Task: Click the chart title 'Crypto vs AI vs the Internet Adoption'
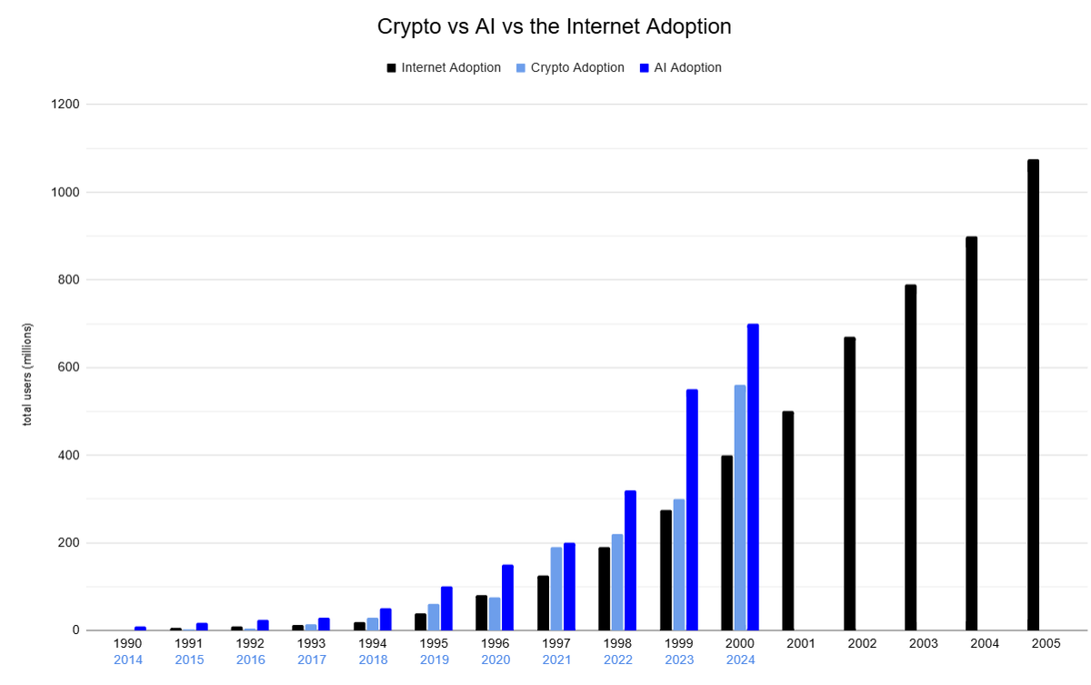(x=554, y=27)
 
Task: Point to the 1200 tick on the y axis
(x=67, y=105)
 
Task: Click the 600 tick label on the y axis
(x=70, y=368)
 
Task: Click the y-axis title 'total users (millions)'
(x=27, y=374)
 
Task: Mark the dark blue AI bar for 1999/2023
(x=692, y=509)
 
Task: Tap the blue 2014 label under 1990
(x=128, y=660)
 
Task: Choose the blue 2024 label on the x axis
(x=739, y=660)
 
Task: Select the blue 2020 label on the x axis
(x=495, y=660)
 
